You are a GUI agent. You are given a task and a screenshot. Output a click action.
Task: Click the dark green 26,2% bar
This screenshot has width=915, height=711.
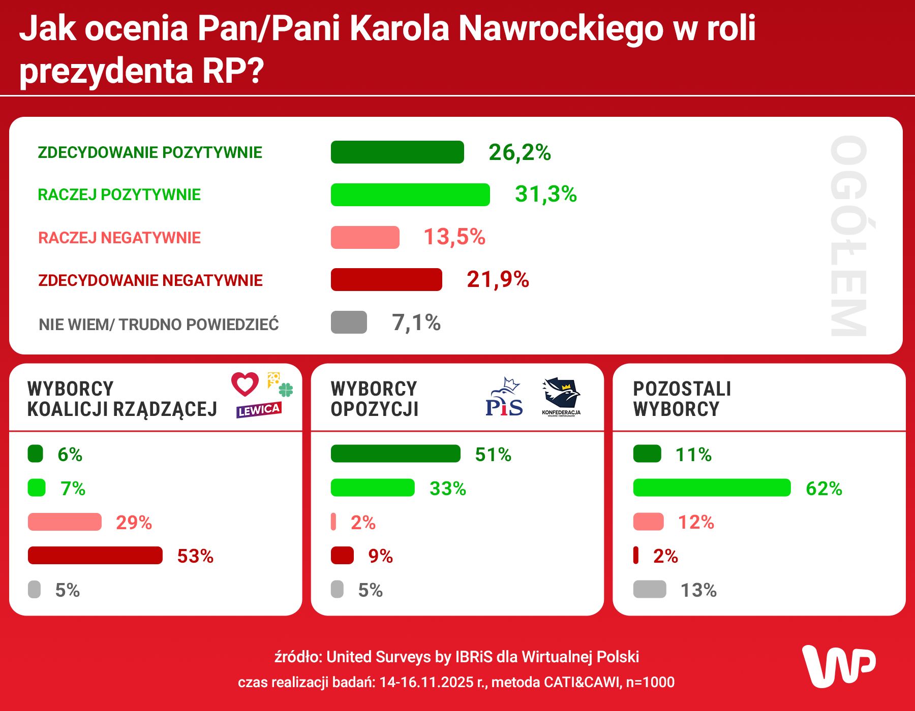397,152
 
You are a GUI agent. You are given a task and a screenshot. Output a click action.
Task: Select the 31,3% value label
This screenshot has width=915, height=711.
545,194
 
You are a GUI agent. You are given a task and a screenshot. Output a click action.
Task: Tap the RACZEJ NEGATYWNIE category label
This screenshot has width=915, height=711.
119,238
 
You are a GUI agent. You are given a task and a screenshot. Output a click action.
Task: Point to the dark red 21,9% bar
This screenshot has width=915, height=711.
386,280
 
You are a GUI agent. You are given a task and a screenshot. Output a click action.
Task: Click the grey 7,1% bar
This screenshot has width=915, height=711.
349,322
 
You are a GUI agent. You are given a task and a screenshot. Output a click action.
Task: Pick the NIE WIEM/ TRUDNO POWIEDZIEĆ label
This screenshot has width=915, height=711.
159,325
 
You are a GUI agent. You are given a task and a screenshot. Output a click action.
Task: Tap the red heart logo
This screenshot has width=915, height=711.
245,384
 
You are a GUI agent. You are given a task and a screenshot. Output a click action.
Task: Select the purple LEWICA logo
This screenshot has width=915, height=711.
259,410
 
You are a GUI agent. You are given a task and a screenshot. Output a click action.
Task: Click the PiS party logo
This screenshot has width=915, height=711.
504,398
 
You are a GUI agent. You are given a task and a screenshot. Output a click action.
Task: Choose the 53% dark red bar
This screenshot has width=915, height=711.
95,556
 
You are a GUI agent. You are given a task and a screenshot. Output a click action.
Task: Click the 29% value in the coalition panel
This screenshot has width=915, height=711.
134,523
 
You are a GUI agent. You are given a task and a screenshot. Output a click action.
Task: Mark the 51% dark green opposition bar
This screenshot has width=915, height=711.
395,454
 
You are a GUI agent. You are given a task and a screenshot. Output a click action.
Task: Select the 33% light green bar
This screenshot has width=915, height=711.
373,488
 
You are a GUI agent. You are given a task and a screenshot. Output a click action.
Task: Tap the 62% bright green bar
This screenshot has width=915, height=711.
712,488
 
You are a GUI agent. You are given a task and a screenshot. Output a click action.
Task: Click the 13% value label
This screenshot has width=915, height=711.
698,590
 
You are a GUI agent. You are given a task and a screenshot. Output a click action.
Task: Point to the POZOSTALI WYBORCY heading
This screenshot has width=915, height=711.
682,399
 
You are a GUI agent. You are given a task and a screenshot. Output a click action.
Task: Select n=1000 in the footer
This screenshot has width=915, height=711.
650,682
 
